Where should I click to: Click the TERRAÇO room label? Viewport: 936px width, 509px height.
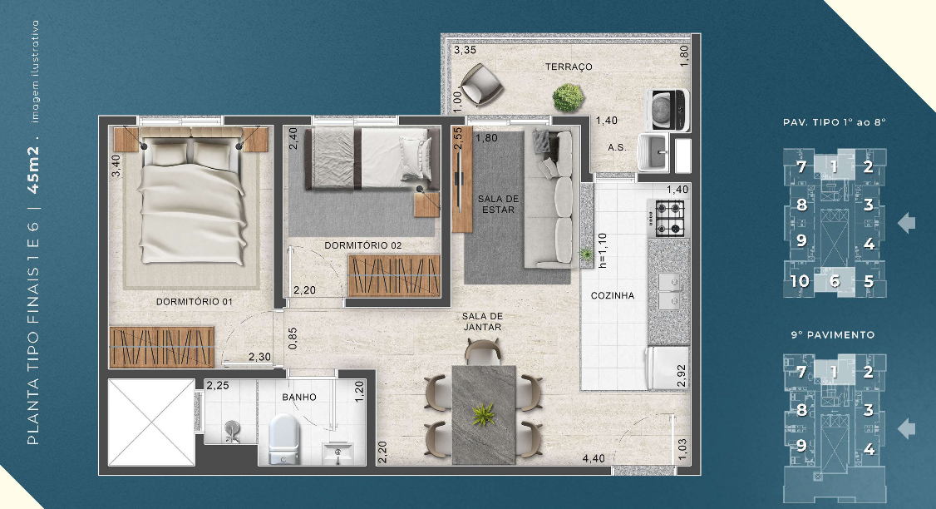pos(569,67)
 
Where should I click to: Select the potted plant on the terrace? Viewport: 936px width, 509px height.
pos(568,98)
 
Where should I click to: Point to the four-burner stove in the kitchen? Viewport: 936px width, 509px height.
pos(669,217)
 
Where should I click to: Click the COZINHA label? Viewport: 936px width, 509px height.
pos(613,295)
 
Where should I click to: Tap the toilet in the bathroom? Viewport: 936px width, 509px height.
pos(283,437)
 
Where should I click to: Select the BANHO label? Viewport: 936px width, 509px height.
pos(299,398)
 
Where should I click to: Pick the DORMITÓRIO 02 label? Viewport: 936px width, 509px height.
pos(362,245)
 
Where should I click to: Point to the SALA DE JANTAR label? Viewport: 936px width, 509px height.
pos(483,322)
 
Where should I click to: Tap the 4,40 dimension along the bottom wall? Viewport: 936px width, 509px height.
pos(594,458)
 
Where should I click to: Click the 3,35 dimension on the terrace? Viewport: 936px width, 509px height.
pos(464,50)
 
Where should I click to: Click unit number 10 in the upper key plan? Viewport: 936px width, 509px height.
pos(800,281)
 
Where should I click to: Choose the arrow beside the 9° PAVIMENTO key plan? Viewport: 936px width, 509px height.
pos(908,428)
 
